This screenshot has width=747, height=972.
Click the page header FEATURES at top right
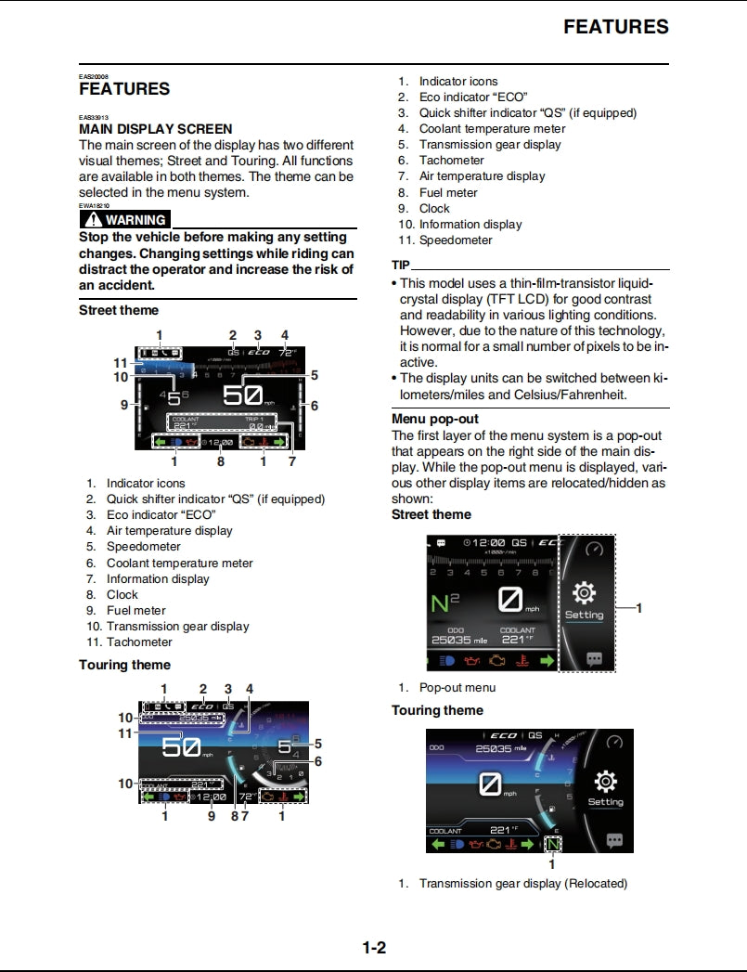[x=615, y=27]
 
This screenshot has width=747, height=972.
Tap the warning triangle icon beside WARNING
[x=92, y=220]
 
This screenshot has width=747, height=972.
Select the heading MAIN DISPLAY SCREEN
[x=155, y=129]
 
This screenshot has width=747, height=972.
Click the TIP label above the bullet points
[x=401, y=265]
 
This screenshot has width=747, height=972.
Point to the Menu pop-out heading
[x=435, y=419]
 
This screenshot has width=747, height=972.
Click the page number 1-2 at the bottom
[x=374, y=948]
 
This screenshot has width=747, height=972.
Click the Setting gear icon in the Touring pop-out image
[x=605, y=782]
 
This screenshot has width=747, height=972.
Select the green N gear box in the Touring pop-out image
[x=552, y=845]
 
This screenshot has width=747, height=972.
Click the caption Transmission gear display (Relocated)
[x=522, y=883]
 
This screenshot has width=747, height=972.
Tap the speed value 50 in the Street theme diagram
[x=242, y=395]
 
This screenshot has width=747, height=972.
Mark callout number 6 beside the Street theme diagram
[x=315, y=406]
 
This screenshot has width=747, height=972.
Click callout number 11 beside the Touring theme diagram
[x=125, y=732]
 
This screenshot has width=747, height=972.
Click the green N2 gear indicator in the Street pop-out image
[x=445, y=605]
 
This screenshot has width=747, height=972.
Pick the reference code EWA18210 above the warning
[x=94, y=205]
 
